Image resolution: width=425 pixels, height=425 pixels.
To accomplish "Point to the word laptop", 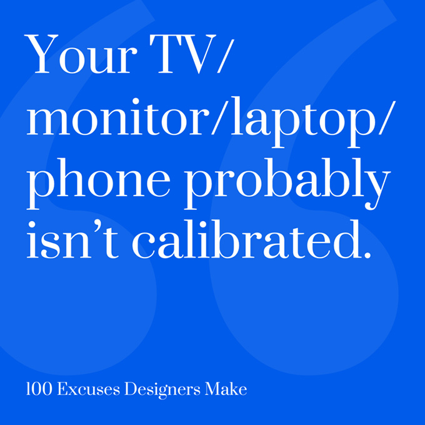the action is (298, 122).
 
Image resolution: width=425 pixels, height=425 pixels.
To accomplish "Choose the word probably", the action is (287, 184).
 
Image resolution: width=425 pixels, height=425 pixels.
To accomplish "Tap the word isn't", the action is (72, 239).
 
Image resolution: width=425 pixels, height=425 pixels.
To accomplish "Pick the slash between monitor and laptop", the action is (219, 117).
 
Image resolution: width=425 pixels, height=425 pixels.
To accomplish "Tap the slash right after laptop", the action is (387, 117).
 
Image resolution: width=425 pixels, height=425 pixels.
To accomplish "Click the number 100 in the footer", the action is (39, 389).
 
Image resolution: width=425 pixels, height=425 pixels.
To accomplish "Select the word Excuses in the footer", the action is (88, 389).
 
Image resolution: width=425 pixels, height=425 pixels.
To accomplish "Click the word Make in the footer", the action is (226, 389).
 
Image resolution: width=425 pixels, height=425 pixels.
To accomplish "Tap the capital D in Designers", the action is (131, 389).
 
